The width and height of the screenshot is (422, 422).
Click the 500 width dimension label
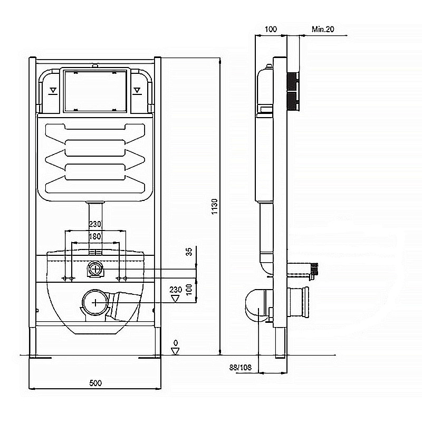tap(95, 383)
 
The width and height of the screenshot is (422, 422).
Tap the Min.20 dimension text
tap(323, 30)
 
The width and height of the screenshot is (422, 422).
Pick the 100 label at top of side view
tap(270, 30)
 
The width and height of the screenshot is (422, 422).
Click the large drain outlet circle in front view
tap(95, 302)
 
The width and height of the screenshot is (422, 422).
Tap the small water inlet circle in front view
tap(95, 268)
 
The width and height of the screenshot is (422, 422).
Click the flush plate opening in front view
tap(95, 90)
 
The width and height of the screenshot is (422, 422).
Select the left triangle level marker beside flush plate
tap(52, 90)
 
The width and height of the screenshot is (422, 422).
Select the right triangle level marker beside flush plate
tap(138, 90)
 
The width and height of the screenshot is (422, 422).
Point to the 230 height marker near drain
tap(176, 290)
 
